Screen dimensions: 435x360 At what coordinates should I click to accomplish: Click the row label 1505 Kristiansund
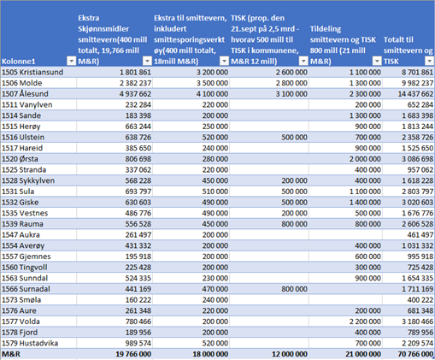[x=32, y=72]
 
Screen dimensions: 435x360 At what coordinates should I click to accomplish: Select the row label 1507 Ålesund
[x=25, y=94]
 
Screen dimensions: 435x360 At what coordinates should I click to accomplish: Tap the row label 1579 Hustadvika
[x=30, y=343]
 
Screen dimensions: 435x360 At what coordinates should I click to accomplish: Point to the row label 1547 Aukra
[x=21, y=235]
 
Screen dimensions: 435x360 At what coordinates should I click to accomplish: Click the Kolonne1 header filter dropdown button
[x=71, y=61]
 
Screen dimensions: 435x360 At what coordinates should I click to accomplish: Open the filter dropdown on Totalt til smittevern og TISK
[x=429, y=61]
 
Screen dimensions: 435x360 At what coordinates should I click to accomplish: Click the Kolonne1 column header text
[x=19, y=62]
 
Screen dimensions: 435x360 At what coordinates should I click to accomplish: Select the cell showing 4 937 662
[x=135, y=94]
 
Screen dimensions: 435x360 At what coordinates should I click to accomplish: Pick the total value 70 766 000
[x=415, y=354]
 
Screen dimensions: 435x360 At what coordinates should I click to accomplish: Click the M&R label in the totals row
[x=11, y=354]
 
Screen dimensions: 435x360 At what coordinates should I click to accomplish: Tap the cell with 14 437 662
[x=415, y=94]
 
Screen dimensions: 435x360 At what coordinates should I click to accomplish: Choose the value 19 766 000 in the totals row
[x=133, y=354]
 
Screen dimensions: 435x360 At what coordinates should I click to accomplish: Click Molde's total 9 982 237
[x=418, y=83]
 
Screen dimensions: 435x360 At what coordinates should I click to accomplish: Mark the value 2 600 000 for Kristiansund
[x=291, y=72]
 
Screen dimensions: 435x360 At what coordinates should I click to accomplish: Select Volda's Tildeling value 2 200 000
[x=365, y=322]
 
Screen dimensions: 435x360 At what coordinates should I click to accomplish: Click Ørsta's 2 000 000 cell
[x=365, y=159]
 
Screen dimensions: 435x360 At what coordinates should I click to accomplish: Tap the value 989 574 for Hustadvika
[x=138, y=343]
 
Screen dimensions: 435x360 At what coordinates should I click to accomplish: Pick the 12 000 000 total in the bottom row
[x=290, y=354]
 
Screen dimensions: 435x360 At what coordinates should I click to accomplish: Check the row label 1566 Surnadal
[x=26, y=289]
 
